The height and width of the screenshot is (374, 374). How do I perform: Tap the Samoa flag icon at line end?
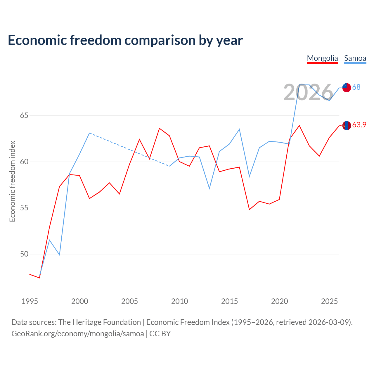347,88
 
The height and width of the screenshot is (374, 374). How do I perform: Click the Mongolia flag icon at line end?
347,125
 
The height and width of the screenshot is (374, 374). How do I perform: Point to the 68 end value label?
356,87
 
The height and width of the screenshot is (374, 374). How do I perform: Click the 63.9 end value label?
359,125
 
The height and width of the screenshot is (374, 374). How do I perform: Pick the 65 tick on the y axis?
24,115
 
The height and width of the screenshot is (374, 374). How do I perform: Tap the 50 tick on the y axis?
24,254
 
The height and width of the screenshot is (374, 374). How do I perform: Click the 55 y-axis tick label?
24,208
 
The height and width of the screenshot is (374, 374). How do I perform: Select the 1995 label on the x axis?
30,301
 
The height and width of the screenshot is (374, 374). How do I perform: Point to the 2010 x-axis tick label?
179,301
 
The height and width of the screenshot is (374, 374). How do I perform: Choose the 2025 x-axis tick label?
329,301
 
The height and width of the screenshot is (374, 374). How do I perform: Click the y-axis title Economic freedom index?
13,181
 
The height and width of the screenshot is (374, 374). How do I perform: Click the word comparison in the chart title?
160,41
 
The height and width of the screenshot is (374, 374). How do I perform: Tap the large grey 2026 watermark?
308,92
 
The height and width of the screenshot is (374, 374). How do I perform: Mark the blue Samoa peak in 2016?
239,129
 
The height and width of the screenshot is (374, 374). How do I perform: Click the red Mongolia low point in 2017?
250,209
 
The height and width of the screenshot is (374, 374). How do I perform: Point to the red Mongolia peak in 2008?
159,128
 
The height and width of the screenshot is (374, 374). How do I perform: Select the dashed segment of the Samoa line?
129,150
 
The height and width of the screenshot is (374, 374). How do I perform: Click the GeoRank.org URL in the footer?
78,334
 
